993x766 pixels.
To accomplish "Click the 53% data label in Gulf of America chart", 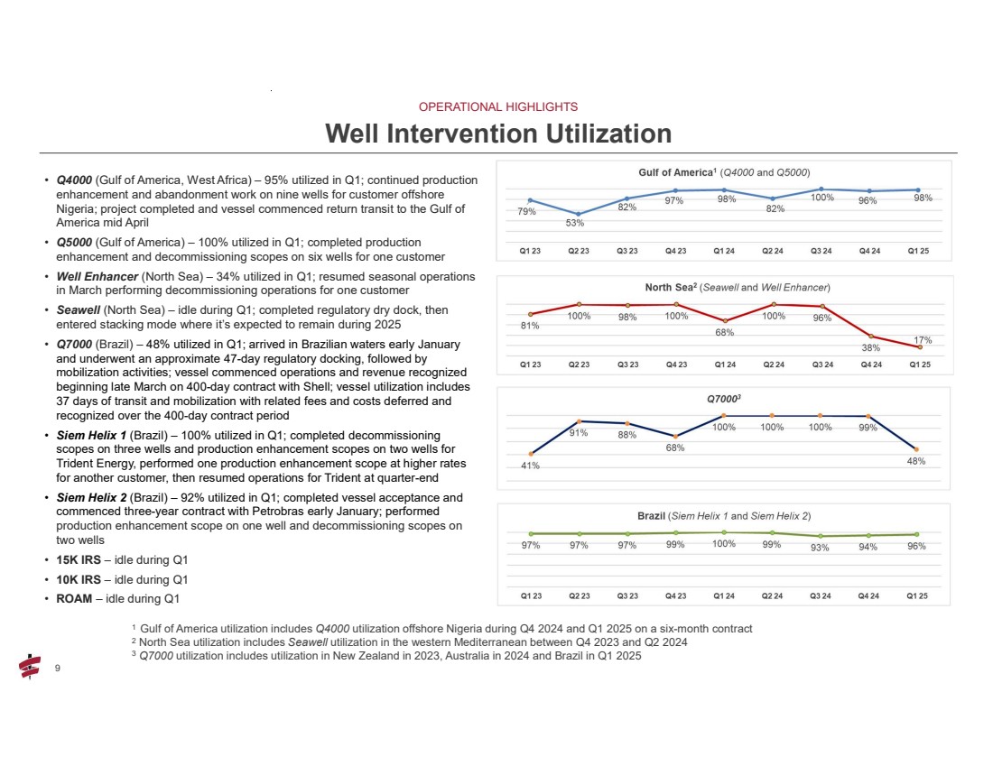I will click(575, 223).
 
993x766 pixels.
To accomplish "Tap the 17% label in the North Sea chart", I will click(922, 339).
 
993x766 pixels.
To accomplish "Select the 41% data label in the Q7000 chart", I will click(530, 466).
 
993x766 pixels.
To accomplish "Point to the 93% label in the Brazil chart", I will click(820, 548).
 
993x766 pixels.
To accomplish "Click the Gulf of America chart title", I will click(724, 172).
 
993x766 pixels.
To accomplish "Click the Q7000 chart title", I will click(724, 397).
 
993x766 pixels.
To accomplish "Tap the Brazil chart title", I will click(724, 515).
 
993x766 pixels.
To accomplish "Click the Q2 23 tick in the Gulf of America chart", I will click(579, 251).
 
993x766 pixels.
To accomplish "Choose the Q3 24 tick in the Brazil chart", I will click(821, 595).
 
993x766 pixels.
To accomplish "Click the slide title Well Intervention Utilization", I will click(497, 134).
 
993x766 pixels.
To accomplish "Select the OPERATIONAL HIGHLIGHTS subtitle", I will click(497, 106).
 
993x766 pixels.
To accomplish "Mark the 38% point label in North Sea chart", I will click(871, 348).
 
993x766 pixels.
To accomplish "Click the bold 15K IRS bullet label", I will click(79, 559).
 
